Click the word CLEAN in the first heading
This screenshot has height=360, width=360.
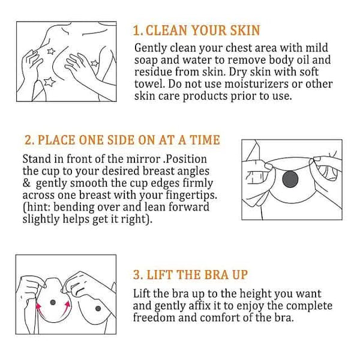[x=166, y=31]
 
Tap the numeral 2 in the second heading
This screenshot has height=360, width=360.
[x=28, y=140]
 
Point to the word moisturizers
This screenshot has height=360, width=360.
[x=256, y=84]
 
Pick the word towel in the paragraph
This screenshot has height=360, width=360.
[x=149, y=84]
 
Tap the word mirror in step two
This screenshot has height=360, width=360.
[x=143, y=159]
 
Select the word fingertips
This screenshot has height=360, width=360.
[x=191, y=196]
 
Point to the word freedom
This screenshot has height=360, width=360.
[x=154, y=318]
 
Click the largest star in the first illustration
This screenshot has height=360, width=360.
[x=49, y=82]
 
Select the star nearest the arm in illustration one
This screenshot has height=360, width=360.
[x=95, y=63]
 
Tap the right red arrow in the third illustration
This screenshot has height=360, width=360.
[x=66, y=308]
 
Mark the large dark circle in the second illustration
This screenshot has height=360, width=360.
[x=290, y=179]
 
